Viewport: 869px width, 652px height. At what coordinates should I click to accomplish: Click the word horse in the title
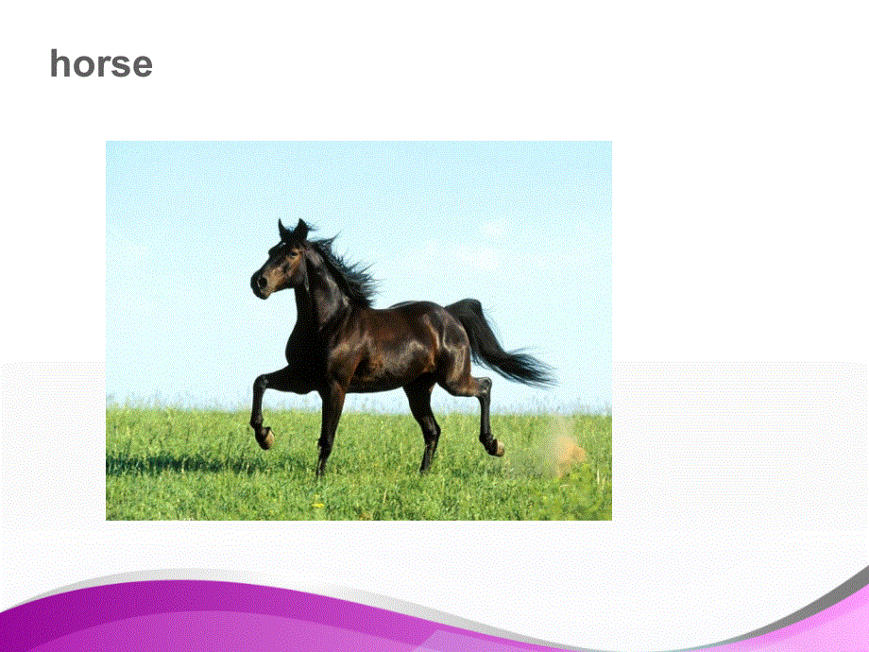click(101, 64)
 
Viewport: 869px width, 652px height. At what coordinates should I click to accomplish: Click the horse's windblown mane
click(349, 269)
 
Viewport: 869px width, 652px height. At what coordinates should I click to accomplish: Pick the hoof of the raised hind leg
click(493, 446)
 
